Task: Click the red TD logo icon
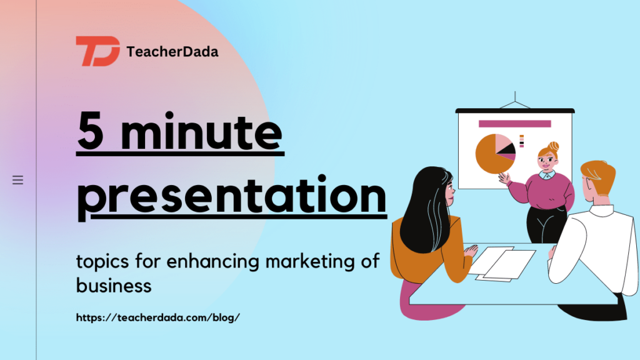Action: coord(97,51)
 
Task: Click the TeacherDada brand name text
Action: coord(172,52)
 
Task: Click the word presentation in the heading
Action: coord(231,195)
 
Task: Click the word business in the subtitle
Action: coord(114,286)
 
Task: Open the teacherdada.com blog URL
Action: coord(157,317)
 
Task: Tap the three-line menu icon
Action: coord(18,180)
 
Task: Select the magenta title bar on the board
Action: coord(514,124)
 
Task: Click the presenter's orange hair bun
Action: coord(553,146)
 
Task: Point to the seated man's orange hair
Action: coord(597,176)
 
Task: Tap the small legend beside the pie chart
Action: coord(521,141)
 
